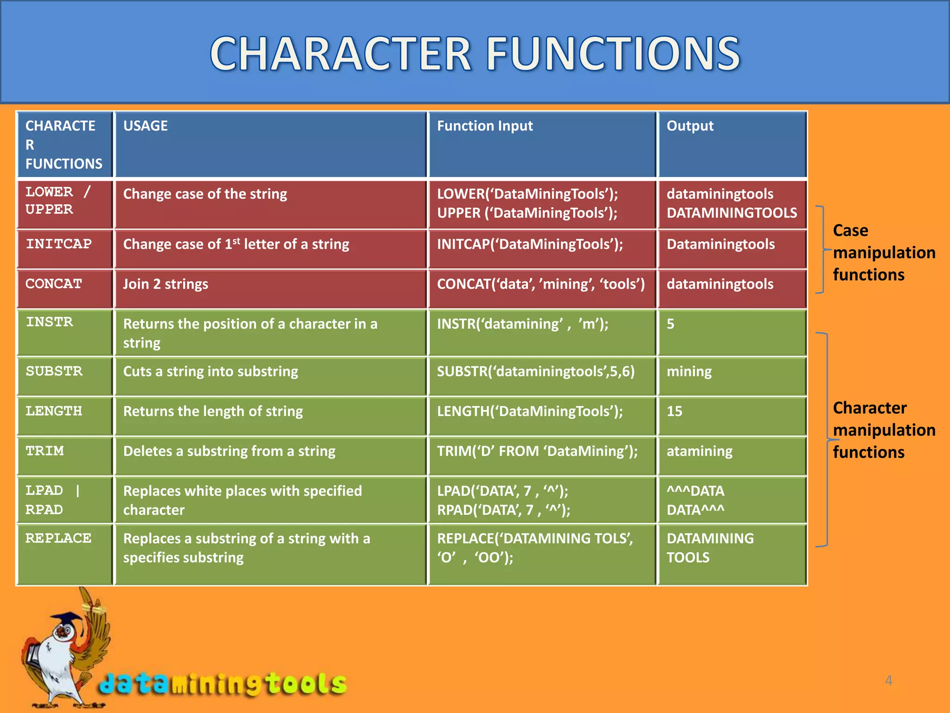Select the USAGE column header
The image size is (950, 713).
click(145, 126)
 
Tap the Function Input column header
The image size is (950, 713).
click(485, 126)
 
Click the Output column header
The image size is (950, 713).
click(690, 126)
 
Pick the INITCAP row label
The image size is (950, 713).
click(58, 244)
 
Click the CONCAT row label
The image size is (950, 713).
click(54, 284)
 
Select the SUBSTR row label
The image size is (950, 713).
click(54, 371)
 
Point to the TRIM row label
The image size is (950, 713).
click(45, 451)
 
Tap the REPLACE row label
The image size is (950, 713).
click(58, 538)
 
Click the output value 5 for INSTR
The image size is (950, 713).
click(670, 324)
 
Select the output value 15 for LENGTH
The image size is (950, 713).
click(674, 411)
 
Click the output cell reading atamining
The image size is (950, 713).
click(700, 451)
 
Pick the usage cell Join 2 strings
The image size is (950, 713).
click(166, 284)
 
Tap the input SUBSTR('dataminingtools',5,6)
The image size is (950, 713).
click(536, 371)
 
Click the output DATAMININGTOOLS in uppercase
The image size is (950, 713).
click(732, 213)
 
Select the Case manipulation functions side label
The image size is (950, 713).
click(884, 253)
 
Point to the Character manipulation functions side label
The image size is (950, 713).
click(884, 430)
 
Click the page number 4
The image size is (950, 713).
click(888, 681)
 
